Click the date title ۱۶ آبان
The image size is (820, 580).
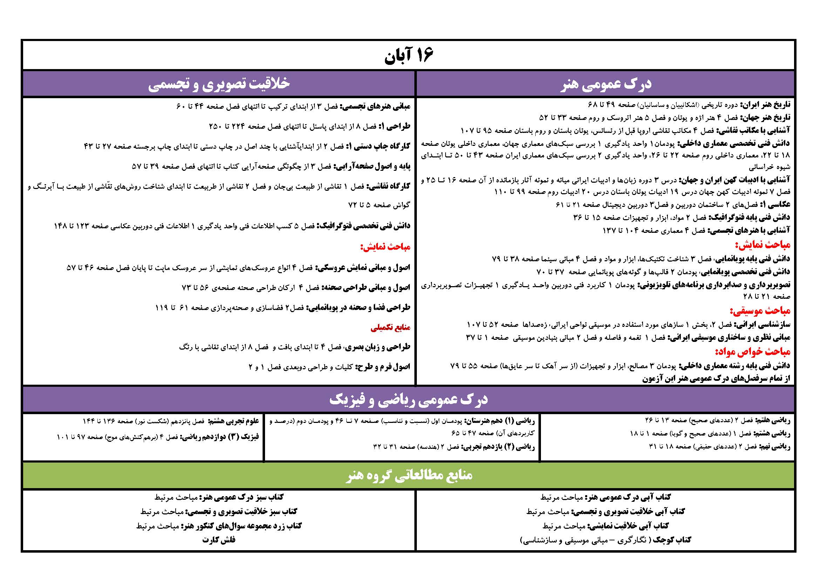coord(409,56)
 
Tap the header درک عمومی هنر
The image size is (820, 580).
coord(606,84)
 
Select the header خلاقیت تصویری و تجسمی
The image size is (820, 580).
coord(219,84)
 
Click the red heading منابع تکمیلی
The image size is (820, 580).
coord(390,328)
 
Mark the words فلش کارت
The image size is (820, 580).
coord(219,540)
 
